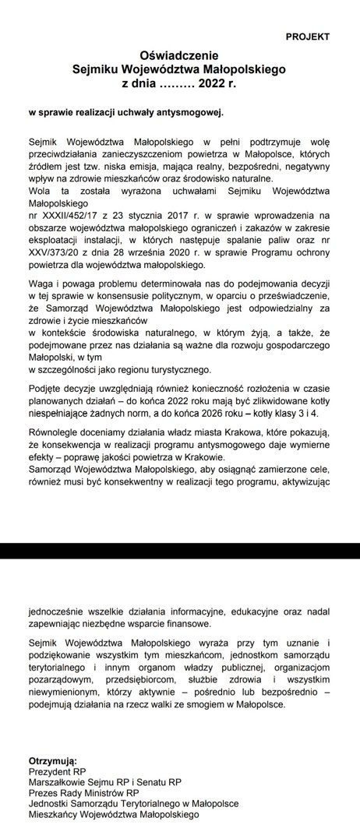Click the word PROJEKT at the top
307,37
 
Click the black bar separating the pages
180,551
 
